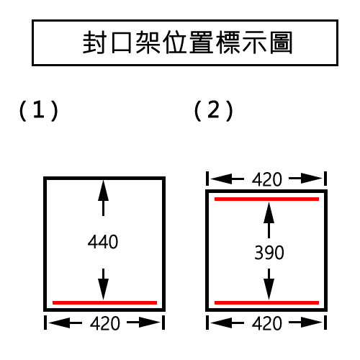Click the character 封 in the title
[x=94, y=42]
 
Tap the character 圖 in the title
[x=281, y=42]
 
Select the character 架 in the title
[x=148, y=42]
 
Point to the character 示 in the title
[x=254, y=42]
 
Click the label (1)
[x=39, y=110]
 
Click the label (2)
[x=214, y=110]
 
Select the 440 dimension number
[x=103, y=242]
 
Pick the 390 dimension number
[x=269, y=253]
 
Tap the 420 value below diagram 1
[x=105, y=323]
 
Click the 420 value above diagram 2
[x=267, y=179]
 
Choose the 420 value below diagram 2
[x=267, y=323]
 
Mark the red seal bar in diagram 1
[x=104, y=302]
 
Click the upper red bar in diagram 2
[x=266, y=199]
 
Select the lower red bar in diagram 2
[x=266, y=302]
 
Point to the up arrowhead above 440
[x=103, y=191]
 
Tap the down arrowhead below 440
[x=103, y=289]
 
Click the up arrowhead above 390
[x=269, y=213]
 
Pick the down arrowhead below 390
[x=269, y=289]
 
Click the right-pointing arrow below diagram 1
[x=143, y=323]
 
